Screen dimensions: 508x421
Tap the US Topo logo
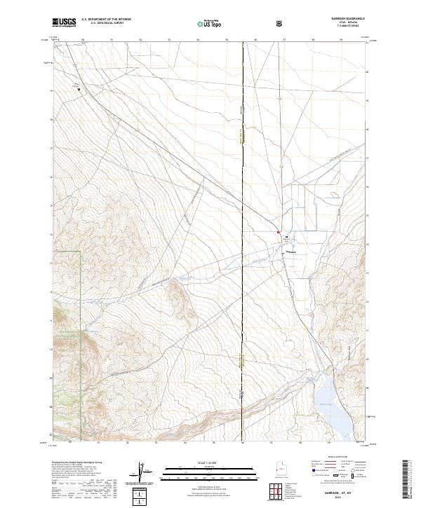coord(210,24)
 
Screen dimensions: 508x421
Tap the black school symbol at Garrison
coord(286,238)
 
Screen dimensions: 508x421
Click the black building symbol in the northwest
coord(79,89)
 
